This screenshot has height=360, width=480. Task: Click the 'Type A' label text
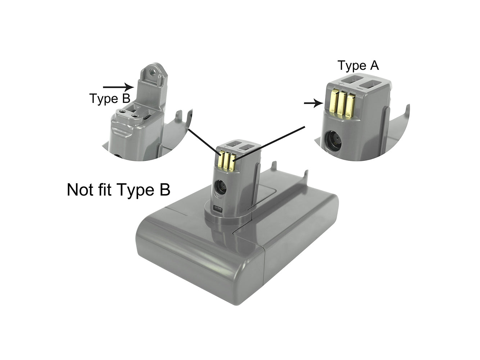click(x=358, y=66)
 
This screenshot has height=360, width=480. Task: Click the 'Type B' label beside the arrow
click(x=110, y=98)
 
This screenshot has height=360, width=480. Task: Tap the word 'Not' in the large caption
click(x=80, y=189)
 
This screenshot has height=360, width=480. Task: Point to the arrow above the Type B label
click(x=118, y=87)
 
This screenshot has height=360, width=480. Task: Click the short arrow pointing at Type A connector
click(x=314, y=103)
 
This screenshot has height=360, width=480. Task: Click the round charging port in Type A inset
click(x=333, y=141)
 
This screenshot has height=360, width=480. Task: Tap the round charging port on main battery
click(x=221, y=188)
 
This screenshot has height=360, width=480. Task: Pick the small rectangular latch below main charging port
click(x=218, y=209)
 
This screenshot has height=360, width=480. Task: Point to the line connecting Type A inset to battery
click(x=269, y=144)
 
